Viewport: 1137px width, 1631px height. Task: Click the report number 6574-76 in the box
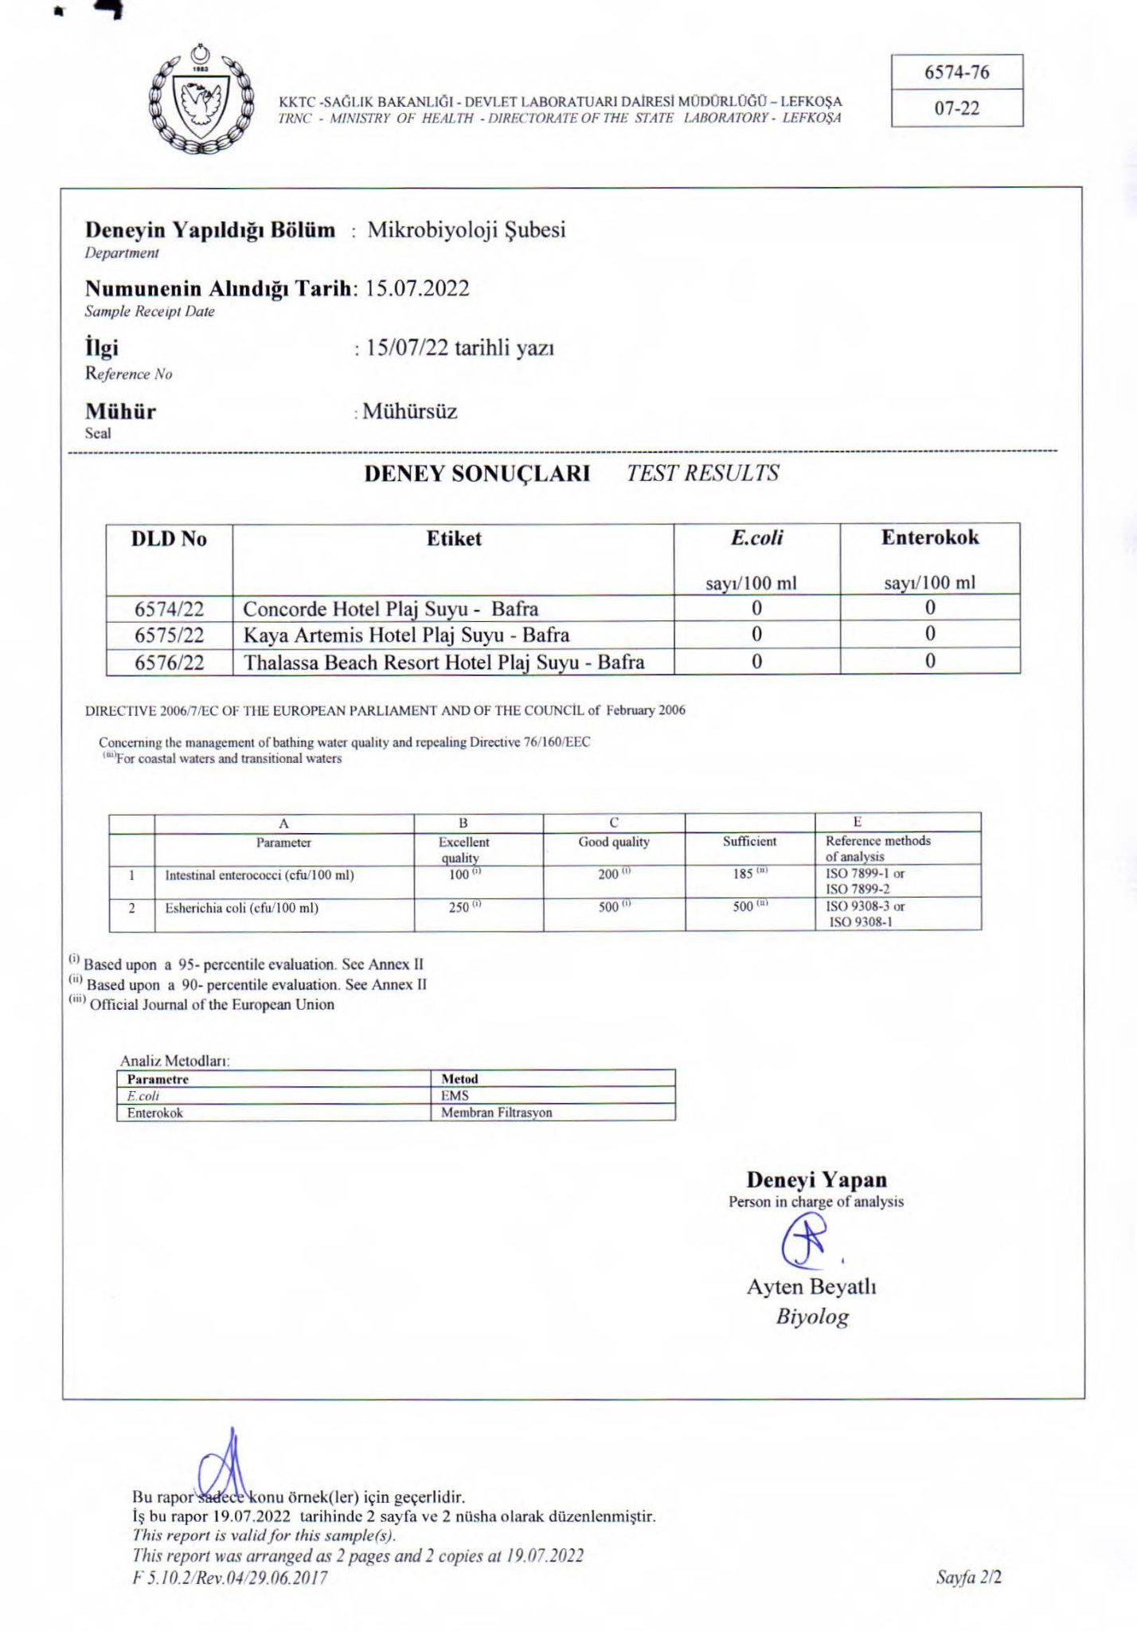tap(956, 72)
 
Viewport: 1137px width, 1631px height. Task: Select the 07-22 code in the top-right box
tap(956, 108)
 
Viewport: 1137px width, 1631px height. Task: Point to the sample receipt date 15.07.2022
tap(417, 288)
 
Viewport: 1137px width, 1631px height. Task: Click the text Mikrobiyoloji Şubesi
tap(466, 230)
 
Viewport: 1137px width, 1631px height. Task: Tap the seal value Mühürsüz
tap(409, 412)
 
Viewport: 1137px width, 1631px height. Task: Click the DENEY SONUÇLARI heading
tap(477, 474)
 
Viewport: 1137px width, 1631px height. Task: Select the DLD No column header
tap(169, 539)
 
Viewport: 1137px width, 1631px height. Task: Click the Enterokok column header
tap(929, 538)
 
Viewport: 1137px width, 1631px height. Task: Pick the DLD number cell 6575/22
tap(169, 636)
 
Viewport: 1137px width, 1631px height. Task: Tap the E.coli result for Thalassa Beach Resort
tap(756, 662)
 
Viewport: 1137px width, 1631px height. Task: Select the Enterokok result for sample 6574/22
tap(929, 608)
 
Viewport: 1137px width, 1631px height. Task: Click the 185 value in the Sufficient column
tap(744, 874)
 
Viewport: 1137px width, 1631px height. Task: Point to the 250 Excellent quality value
tap(459, 907)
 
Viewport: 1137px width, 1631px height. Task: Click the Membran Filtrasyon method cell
tap(496, 1113)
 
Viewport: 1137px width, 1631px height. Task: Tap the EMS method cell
tap(455, 1096)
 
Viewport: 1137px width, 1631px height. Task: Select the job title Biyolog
tap(812, 1316)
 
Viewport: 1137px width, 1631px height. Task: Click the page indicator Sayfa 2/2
tap(968, 1577)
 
